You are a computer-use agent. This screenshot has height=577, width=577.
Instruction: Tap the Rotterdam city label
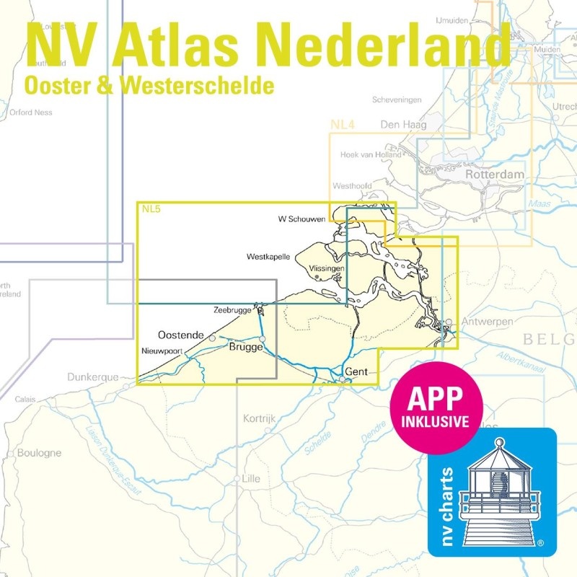click(495, 175)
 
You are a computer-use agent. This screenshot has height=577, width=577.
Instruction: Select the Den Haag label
click(403, 125)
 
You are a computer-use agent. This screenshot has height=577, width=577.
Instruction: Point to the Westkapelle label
click(268, 256)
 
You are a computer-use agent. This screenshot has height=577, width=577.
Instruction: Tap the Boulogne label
click(38, 453)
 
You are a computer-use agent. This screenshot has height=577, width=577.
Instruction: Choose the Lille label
click(251, 478)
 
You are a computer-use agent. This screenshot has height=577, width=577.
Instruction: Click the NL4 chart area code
click(343, 125)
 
